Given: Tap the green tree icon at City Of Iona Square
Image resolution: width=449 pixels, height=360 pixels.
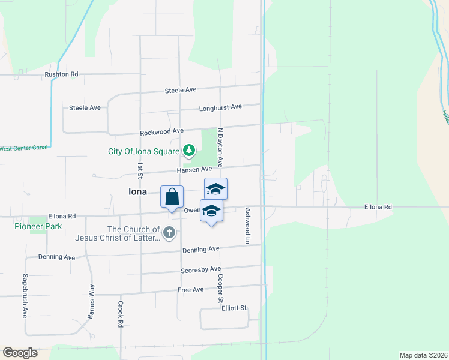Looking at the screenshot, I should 189,150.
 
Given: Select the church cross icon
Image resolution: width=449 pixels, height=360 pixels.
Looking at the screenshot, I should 169,233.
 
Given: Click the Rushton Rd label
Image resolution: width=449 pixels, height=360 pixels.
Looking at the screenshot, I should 61,74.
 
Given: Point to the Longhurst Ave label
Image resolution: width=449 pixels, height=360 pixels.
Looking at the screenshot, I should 220,107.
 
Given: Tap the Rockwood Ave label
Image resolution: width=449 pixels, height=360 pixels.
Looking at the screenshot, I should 161,131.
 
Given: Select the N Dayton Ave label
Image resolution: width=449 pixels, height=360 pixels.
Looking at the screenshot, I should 220,147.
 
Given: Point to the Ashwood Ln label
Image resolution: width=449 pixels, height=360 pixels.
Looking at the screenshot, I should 247,226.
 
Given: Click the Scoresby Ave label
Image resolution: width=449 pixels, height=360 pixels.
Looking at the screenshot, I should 201,270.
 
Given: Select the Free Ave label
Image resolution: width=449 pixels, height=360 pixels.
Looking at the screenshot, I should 191,290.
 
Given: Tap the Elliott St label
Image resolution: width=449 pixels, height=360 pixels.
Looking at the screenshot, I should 234,308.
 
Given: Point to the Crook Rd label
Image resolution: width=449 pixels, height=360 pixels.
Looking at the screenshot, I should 121,314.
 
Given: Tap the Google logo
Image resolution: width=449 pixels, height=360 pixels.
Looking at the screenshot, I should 20,353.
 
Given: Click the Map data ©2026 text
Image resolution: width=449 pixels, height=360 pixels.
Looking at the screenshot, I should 423,355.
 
